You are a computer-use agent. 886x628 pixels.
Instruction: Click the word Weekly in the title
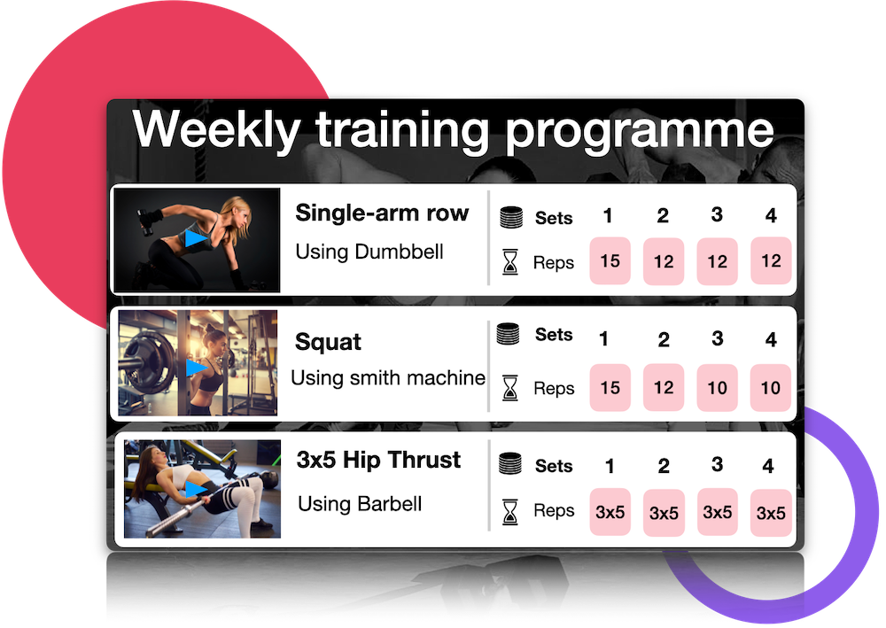(216, 130)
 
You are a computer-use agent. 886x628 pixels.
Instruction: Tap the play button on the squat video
(196, 368)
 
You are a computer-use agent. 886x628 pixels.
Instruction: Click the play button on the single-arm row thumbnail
(196, 237)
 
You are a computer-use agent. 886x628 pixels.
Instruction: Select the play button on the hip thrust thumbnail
(196, 489)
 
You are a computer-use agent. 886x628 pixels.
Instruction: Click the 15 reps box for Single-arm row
(610, 261)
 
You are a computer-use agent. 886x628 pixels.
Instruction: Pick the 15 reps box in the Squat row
(610, 387)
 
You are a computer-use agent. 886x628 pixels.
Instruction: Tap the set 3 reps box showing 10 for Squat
(717, 387)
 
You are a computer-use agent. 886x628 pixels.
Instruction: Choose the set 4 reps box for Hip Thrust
(771, 513)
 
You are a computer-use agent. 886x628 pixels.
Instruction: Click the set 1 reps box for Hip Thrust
(610, 512)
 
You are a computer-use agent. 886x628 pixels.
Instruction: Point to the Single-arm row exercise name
(382, 213)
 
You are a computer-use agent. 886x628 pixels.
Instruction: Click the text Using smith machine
(388, 377)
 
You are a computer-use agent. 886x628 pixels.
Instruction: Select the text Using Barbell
(360, 504)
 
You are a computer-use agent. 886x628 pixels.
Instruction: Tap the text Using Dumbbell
(369, 252)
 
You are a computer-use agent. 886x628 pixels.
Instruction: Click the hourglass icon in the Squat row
(509, 388)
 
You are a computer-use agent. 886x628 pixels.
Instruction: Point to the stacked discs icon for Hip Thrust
(510, 463)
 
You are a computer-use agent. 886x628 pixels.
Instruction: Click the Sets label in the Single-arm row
(554, 218)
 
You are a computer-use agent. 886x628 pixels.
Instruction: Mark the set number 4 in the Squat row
(771, 339)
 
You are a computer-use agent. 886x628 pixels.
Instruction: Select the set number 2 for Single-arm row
(663, 215)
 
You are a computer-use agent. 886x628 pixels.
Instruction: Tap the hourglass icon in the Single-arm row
(509, 261)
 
